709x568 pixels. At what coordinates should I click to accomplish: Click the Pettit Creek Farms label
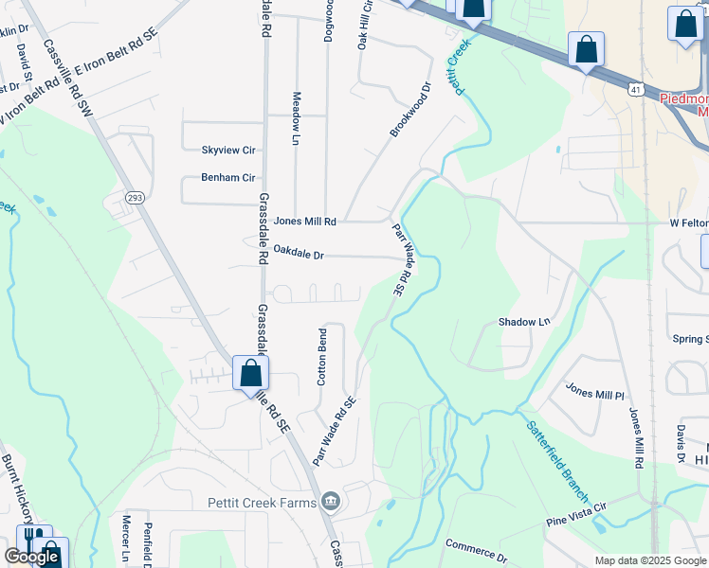coord(263,501)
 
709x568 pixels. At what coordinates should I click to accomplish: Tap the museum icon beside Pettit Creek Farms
coord(330,501)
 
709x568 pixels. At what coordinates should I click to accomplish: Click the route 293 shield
coord(135,196)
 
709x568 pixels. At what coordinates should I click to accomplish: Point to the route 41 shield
coord(635,89)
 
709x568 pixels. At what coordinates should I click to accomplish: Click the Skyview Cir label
coord(228,151)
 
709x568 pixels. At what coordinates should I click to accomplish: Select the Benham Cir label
coord(228,177)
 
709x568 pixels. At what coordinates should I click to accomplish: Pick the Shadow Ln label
coord(524,322)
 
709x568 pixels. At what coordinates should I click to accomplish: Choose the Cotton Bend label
coord(322,357)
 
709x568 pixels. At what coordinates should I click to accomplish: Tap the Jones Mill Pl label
coord(595,391)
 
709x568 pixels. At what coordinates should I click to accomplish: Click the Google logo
coord(31,556)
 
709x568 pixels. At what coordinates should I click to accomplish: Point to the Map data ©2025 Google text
coord(650,560)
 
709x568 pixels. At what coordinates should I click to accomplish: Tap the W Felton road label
coord(688,223)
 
